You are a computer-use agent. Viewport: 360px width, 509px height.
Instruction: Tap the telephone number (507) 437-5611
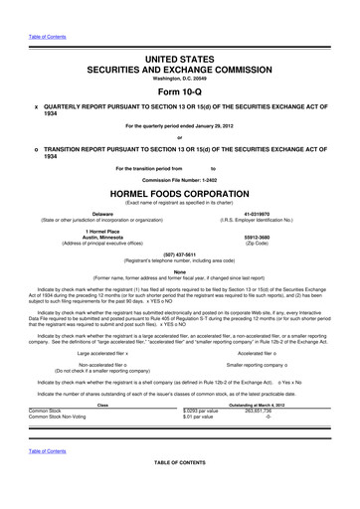coord(179,253)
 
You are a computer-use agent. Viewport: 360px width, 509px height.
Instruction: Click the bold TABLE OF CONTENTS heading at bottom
coord(179,491)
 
